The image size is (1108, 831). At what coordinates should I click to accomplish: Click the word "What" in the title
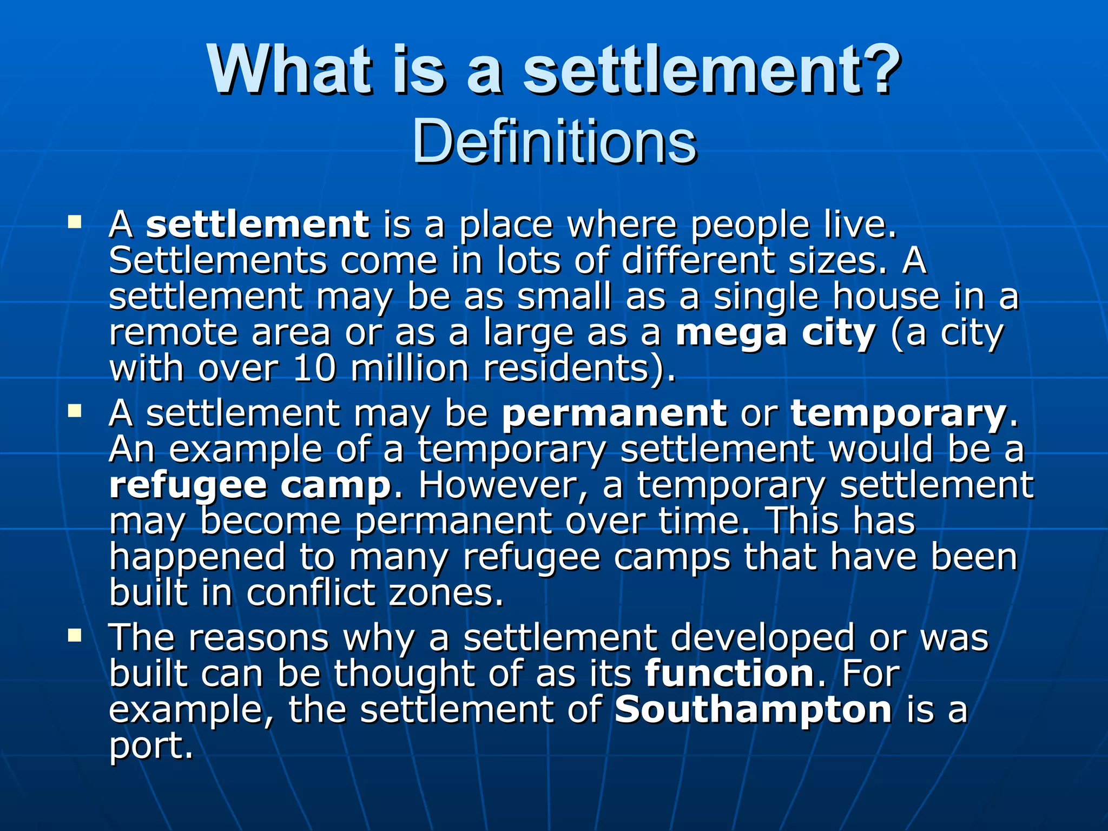[x=290, y=70]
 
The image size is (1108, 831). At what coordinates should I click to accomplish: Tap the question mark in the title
[x=878, y=70]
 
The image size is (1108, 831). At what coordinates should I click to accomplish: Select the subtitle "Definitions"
[x=554, y=142]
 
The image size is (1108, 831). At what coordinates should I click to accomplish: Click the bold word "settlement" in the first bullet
[x=258, y=224]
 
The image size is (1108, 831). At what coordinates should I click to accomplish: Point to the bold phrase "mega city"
[x=775, y=333]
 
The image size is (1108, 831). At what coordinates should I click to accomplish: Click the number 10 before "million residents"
[x=314, y=368]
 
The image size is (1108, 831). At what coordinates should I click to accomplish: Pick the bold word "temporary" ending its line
[x=899, y=413]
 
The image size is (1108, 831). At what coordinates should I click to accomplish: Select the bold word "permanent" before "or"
[x=614, y=413]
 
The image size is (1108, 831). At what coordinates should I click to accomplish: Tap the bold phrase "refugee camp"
[x=250, y=485]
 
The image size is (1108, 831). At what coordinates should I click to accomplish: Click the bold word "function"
[x=730, y=674]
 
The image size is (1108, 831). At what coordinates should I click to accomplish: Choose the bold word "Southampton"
[x=753, y=709]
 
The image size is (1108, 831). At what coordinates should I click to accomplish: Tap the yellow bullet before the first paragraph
[x=75, y=221]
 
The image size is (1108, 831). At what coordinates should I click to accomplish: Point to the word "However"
[x=496, y=485]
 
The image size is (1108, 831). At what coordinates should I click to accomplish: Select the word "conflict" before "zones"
[x=311, y=593]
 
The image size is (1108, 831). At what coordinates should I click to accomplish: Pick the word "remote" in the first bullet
[x=174, y=333]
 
